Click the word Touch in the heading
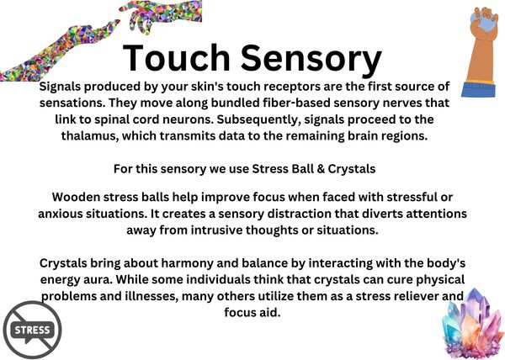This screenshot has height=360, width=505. click(176, 57)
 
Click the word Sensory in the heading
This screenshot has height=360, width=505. click(311, 61)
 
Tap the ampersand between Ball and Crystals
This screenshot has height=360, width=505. click(321, 169)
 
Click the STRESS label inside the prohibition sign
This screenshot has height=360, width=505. click(32, 330)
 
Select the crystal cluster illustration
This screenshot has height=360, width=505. click(472, 323)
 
